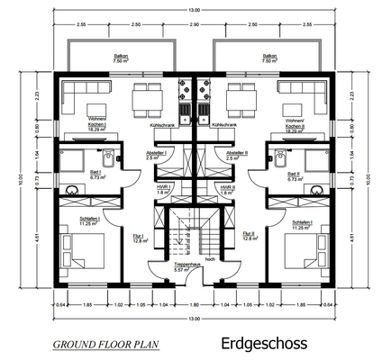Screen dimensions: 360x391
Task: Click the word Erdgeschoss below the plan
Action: click(x=263, y=344)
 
